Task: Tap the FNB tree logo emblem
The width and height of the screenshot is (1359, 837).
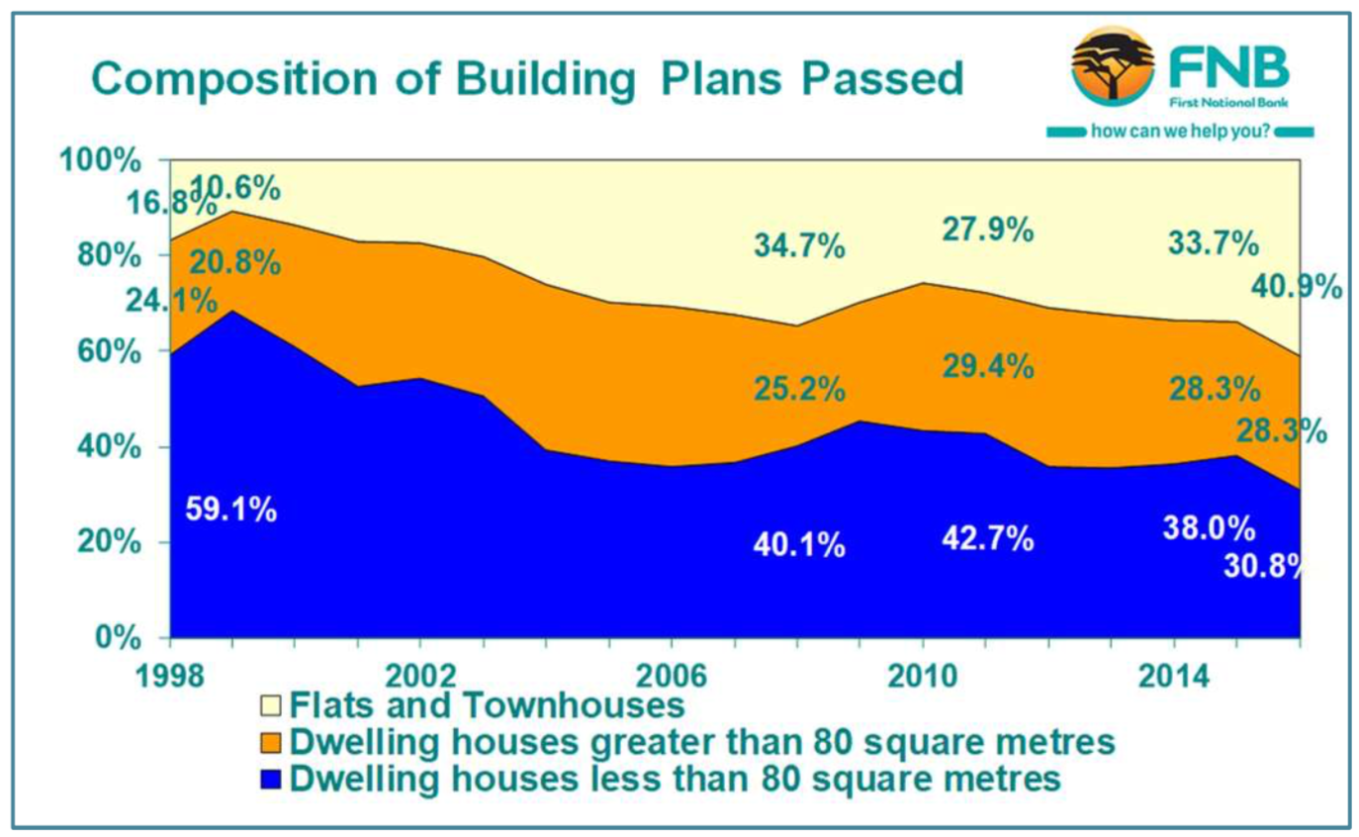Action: [x=1112, y=66]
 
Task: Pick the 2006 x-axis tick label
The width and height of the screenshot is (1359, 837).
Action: [x=672, y=678]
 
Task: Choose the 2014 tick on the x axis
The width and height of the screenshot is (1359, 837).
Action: [x=1174, y=678]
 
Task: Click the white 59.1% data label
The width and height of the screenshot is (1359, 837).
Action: [x=231, y=511]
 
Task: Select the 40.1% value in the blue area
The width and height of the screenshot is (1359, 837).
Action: [x=799, y=543]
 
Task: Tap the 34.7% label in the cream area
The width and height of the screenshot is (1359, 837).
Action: [x=799, y=244]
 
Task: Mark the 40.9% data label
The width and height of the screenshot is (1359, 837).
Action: [x=1296, y=286]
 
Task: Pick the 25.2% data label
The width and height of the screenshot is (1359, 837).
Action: [x=799, y=388]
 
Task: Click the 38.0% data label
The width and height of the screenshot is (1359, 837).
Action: [x=1208, y=528]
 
